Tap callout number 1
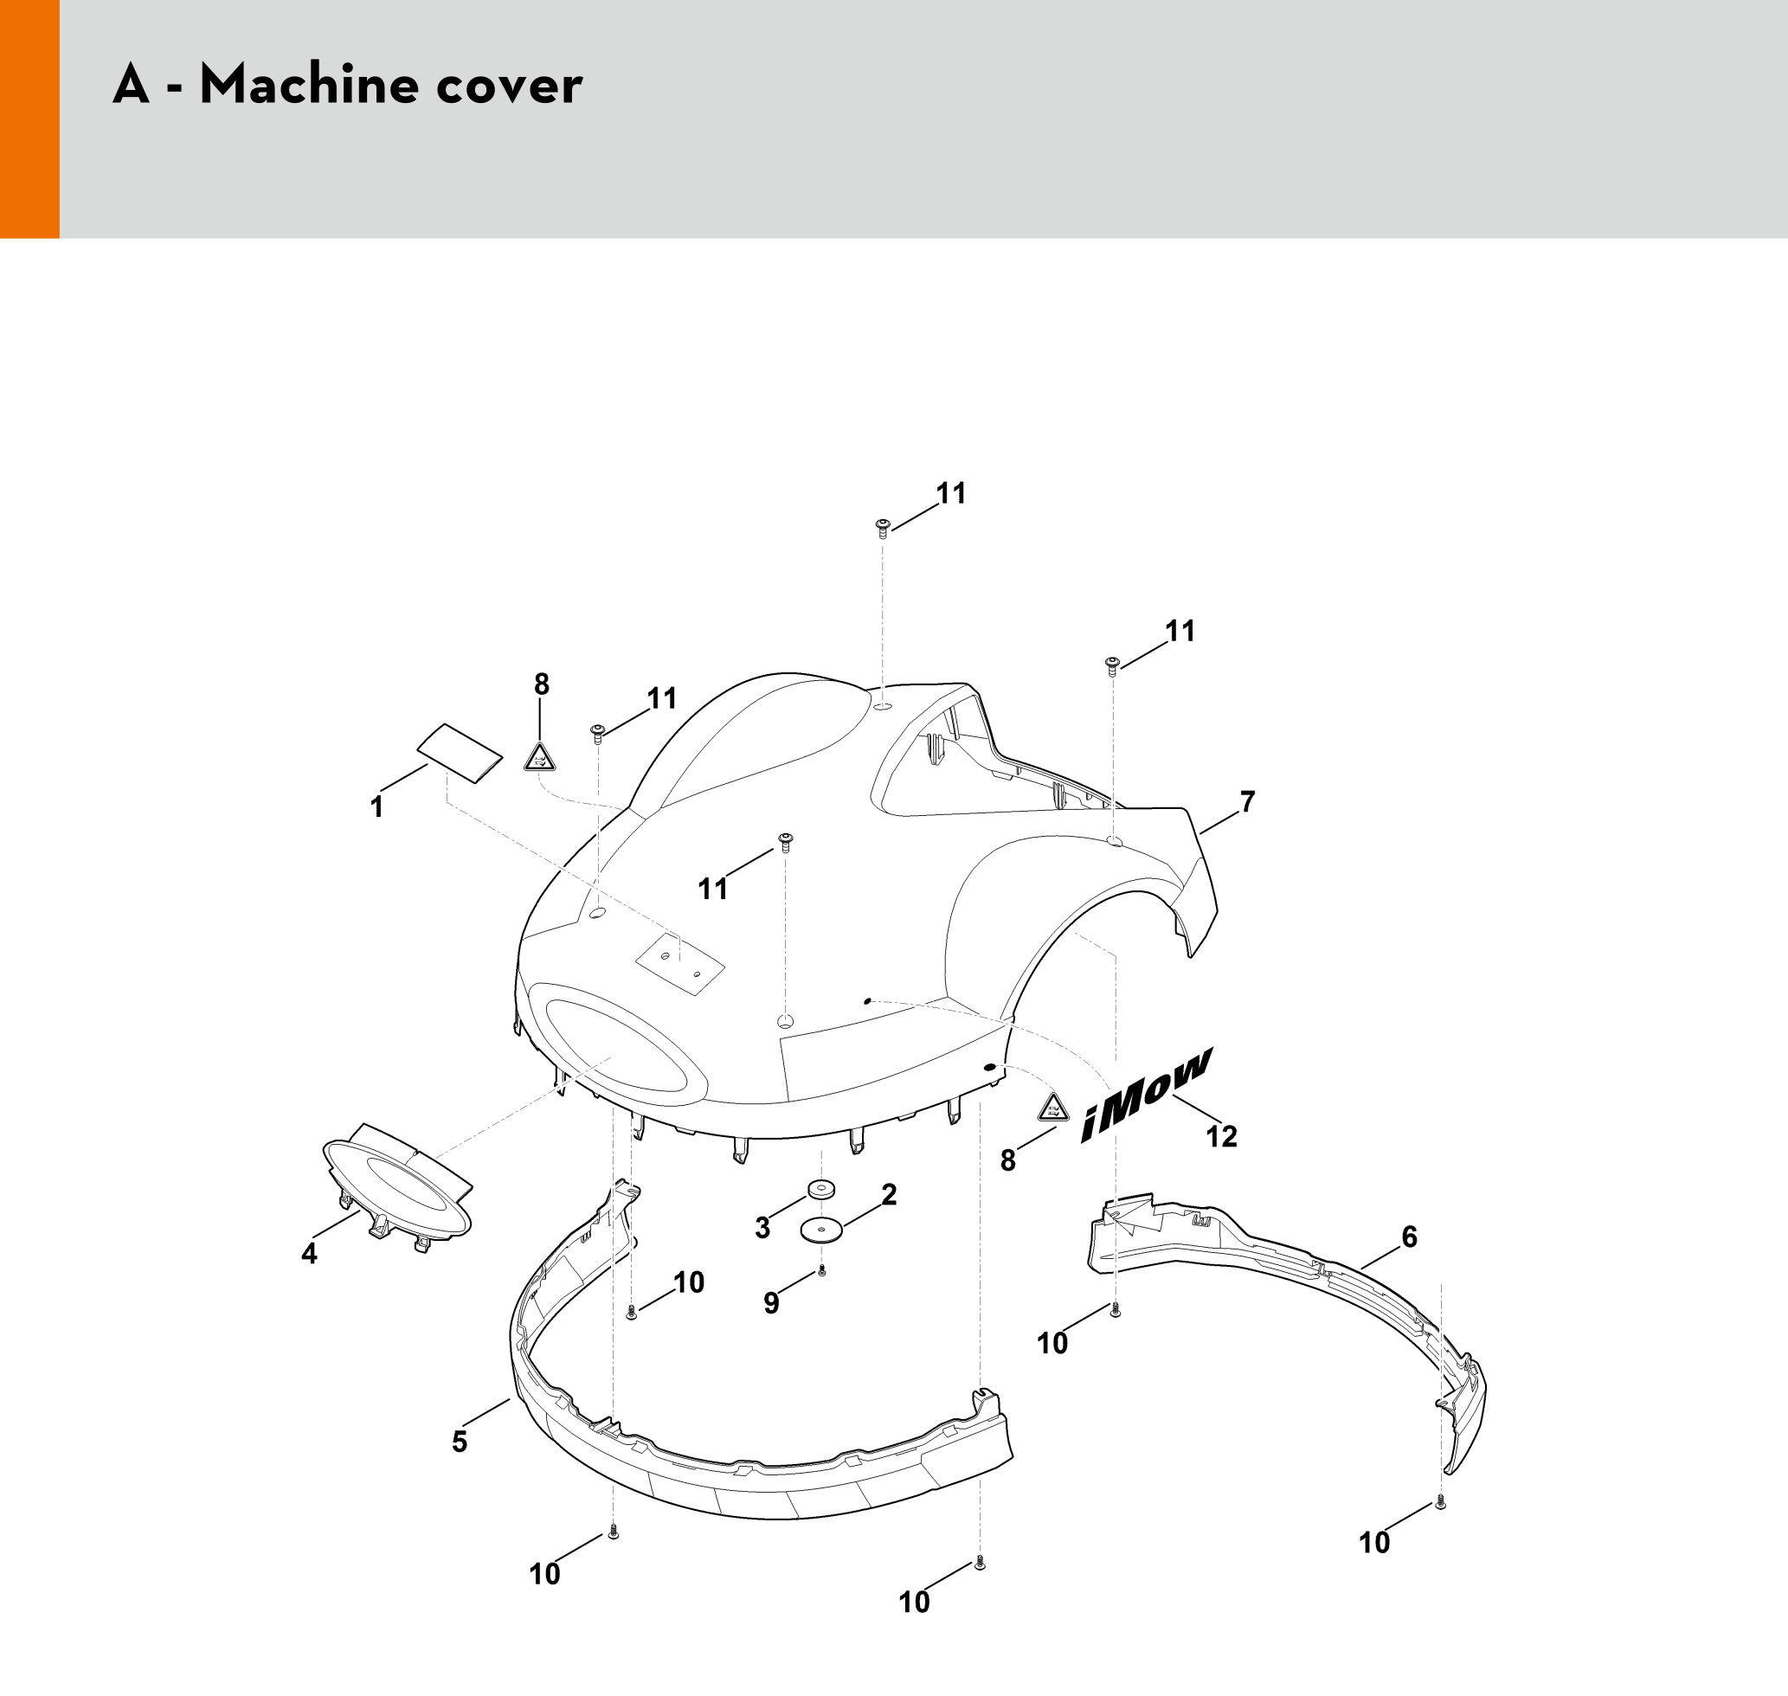tap(377, 806)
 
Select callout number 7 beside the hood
tap(1247, 801)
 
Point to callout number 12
tap(1222, 1135)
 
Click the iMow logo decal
tap(1145, 1095)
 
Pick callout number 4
tap(309, 1253)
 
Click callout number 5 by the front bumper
tap(460, 1441)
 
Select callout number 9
tap(771, 1303)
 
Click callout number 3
tap(762, 1228)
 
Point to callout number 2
tap(889, 1194)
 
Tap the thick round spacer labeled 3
tap(821, 1188)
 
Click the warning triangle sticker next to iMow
tap(1053, 1108)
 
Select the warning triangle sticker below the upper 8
tap(540, 756)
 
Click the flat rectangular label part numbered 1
tap(460, 752)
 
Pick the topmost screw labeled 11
tap(883, 528)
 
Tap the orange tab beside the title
tap(29, 119)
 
